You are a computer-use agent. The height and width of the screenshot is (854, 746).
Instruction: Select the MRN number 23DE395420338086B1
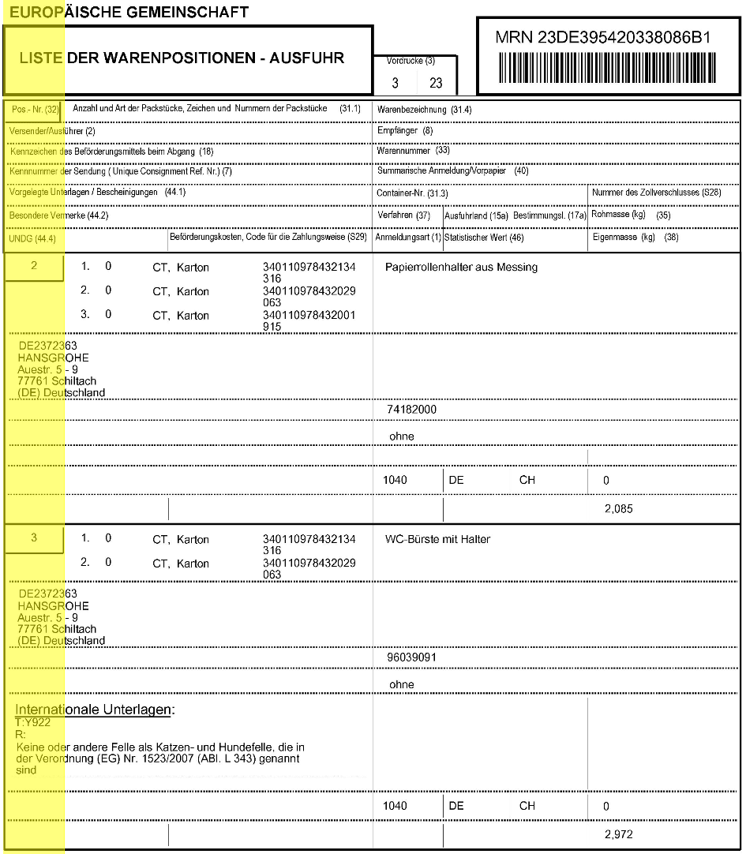(x=603, y=38)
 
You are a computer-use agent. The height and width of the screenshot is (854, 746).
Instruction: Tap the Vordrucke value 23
(x=436, y=83)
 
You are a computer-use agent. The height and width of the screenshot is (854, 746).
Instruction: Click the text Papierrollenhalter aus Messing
(x=461, y=268)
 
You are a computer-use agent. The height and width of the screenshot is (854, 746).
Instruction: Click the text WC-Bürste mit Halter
(x=437, y=540)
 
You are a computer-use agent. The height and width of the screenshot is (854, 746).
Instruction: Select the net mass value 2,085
(x=618, y=509)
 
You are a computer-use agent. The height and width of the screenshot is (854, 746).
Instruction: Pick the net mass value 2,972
(x=618, y=834)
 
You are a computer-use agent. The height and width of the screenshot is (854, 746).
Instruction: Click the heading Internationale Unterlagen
(x=94, y=710)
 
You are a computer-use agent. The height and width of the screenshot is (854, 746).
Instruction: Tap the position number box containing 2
(x=34, y=267)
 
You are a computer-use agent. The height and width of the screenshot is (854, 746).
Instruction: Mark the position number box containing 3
(x=34, y=538)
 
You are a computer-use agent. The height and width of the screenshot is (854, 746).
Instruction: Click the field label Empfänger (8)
(x=405, y=130)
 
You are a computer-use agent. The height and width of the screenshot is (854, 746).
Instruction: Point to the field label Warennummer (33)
(x=414, y=150)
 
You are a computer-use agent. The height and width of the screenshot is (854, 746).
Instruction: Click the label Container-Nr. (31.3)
(x=412, y=193)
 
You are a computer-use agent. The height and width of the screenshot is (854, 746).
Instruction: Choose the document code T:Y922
(x=33, y=722)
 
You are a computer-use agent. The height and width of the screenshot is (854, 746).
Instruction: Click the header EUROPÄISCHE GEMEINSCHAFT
(x=130, y=12)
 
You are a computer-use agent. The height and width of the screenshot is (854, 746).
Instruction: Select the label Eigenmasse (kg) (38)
(x=635, y=238)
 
